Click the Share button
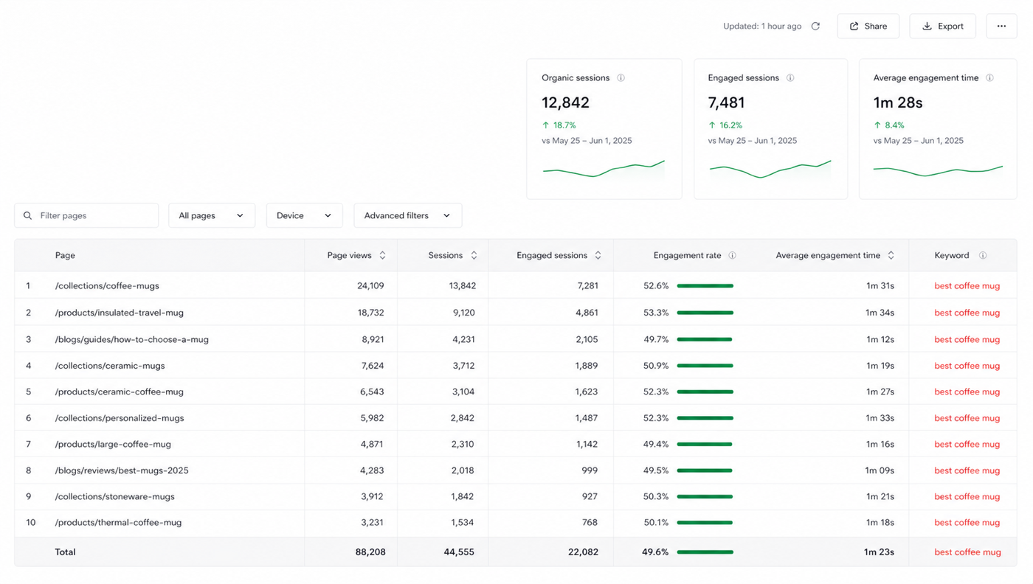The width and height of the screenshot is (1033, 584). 868,27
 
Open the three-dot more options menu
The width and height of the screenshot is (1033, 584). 1001,27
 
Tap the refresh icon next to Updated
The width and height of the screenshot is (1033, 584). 815,27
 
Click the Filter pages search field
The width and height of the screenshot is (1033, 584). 86,215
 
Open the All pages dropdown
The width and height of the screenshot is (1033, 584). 212,215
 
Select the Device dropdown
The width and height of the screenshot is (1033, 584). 304,215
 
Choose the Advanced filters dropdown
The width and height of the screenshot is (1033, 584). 407,215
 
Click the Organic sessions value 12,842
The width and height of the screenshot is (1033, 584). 565,102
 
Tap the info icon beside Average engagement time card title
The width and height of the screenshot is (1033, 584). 989,78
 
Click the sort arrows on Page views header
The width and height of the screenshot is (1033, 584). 382,255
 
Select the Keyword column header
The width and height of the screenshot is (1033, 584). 951,255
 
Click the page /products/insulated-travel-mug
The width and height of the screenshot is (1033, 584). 119,313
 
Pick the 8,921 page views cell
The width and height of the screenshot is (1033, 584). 373,339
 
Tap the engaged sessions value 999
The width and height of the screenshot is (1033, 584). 590,470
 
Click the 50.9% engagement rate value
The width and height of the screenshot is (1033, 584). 656,366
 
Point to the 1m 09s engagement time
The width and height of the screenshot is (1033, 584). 880,470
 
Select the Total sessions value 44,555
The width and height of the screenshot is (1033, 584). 459,552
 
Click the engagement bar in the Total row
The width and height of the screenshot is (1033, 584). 705,552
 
